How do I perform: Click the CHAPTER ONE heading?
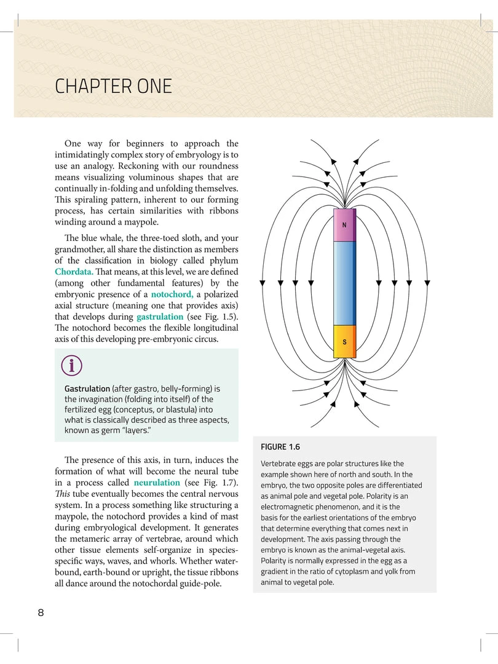[113, 86]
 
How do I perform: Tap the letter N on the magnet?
[344, 224]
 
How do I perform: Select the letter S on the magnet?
[344, 342]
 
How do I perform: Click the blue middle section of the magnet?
[344, 283]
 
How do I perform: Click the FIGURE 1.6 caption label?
[280, 447]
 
